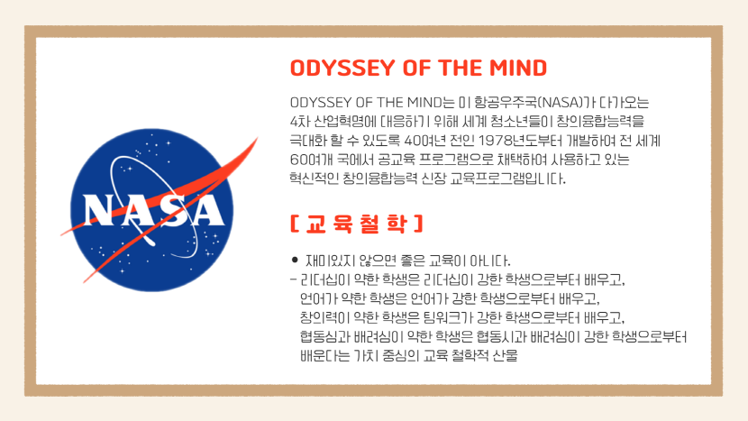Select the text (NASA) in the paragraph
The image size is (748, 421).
562,102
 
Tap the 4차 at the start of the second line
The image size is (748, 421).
300,121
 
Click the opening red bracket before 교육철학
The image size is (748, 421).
294,224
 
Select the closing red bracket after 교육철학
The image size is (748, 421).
419,224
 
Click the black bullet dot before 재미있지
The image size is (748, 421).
295,261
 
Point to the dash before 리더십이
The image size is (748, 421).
293,279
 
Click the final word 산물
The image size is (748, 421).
506,355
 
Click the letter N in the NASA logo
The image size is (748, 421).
99,210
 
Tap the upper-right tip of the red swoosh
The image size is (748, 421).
258,137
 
